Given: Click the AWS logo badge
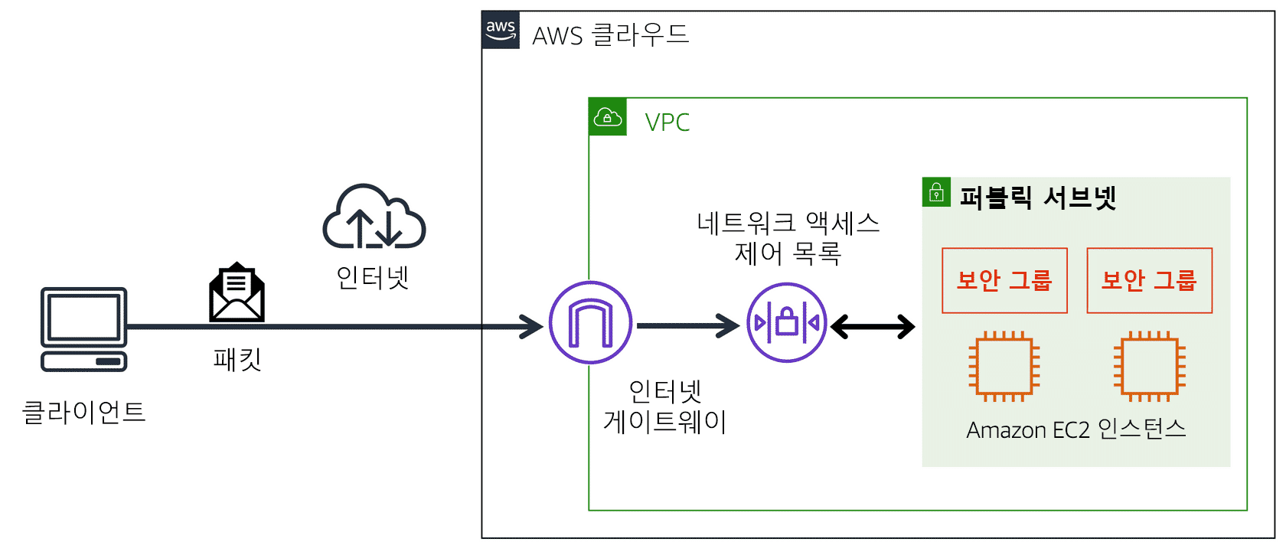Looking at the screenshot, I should [501, 30].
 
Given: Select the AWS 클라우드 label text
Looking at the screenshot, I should [610, 35].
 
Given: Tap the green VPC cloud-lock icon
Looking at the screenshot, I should [608, 117].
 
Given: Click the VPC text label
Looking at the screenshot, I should [667, 122].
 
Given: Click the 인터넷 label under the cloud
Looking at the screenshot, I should [373, 277].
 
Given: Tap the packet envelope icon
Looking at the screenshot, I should [237, 293].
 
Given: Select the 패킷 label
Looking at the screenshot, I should [237, 359].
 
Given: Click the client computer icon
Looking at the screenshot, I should [84, 329].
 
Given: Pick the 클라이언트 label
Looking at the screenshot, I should [83, 413].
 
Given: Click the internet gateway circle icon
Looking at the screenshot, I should [590, 323].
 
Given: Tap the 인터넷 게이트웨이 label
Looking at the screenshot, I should [665, 406].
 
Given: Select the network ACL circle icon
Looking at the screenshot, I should [787, 323].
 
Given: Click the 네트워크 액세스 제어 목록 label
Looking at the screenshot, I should [788, 238].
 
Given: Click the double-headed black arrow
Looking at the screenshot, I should [873, 327].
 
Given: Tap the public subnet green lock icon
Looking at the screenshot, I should [936, 192].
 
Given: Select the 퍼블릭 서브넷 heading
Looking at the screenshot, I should [1038, 198].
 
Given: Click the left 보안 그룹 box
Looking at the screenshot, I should [1004, 280].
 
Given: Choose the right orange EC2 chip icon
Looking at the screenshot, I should [1149, 367].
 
